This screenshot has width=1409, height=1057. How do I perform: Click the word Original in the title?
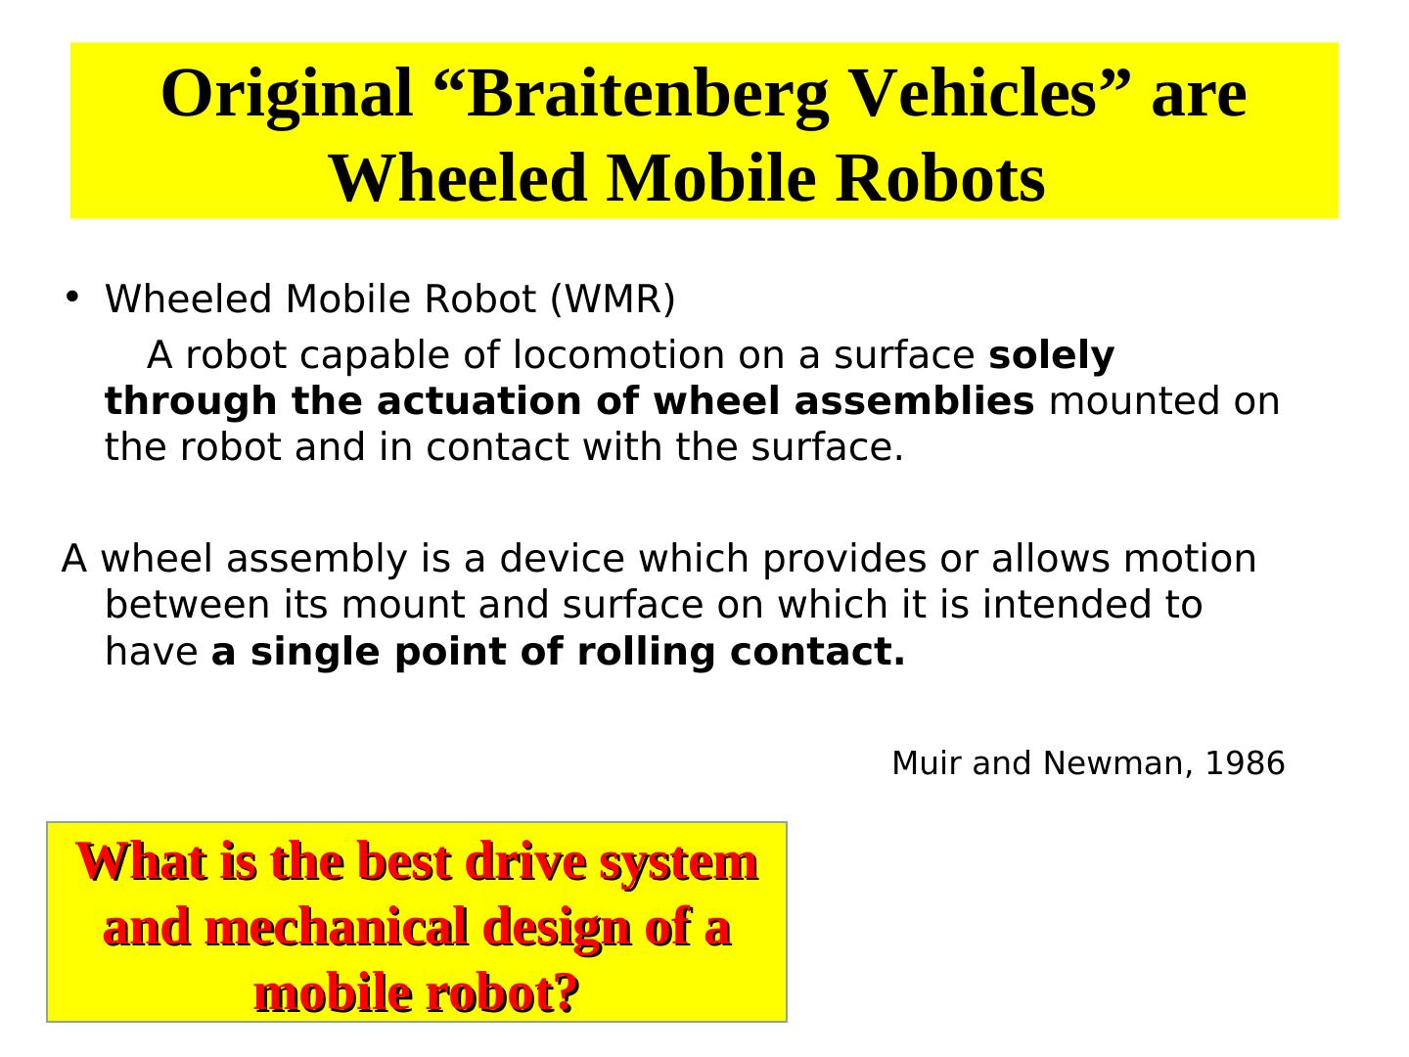point(287,95)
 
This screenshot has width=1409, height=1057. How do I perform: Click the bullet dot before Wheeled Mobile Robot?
point(71,296)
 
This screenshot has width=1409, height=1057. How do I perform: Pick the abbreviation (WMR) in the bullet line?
point(613,299)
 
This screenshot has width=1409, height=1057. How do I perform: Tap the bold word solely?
point(1052,355)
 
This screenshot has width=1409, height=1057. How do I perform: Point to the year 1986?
point(1244,763)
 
